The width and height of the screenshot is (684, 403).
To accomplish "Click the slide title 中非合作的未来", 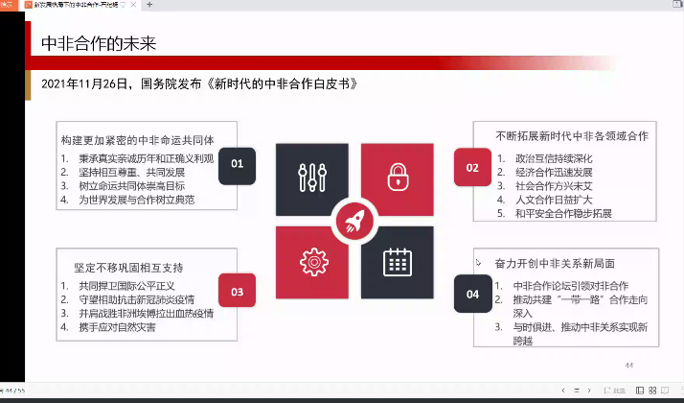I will point(98,43).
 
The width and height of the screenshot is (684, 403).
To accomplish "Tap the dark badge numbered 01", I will point(237,164).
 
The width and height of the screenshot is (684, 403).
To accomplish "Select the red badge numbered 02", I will point(472,167).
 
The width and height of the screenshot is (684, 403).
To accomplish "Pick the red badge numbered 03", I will point(237,292).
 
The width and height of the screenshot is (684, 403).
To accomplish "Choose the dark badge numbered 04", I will point(472,295).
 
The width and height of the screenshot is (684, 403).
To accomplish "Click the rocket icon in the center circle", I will point(354,225).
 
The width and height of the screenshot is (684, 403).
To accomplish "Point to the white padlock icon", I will point(397,178).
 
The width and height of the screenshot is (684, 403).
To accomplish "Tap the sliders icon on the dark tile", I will point(310,178).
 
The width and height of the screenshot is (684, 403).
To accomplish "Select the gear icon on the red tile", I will point(310,261).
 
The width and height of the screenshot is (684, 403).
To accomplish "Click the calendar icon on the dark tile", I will point(397,261).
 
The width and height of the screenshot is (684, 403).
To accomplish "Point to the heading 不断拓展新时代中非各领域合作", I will point(572,134).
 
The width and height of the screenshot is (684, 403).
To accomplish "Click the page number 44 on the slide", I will point(629,366).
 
